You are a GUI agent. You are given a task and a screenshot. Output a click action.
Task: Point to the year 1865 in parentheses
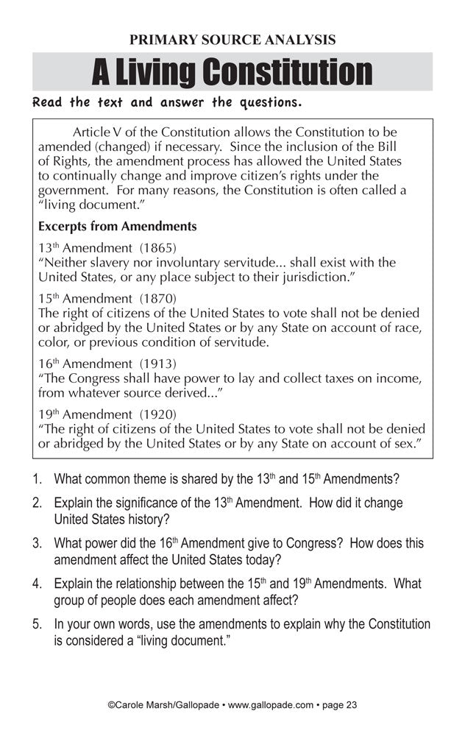pos(157,246)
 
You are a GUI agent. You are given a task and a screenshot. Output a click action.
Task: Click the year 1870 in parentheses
pos(157,297)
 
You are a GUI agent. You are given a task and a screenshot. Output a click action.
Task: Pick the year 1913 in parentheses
pos(157,364)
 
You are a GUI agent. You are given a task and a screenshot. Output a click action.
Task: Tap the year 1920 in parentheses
pos(157,414)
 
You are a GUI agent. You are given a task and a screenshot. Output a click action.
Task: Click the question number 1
pos(37,479)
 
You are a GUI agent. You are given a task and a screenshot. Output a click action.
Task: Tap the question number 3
pos(37,544)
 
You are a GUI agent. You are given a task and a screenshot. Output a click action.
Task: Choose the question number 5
pos(37,625)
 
